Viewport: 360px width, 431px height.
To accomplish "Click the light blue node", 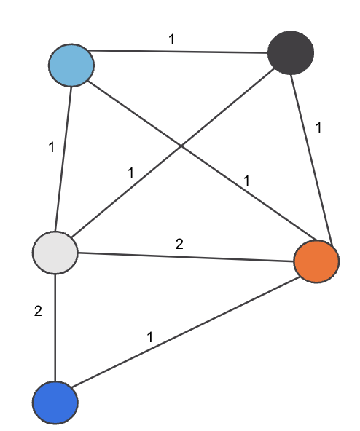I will pos(71,65).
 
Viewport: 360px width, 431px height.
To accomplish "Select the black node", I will pos(290,52).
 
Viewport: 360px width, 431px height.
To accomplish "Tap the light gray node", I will pos(55,253).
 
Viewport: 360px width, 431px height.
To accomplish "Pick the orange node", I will pos(316,261).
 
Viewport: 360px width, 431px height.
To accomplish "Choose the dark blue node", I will pos(55,402).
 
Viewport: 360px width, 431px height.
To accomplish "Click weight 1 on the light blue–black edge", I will pos(171,39).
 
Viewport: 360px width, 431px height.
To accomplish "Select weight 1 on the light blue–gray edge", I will pos(51,148).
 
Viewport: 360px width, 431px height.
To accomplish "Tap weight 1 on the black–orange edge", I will pos(318,127).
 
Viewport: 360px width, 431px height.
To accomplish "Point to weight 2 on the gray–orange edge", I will pos(179,244).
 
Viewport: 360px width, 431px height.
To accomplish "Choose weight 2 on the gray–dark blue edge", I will pos(38,312).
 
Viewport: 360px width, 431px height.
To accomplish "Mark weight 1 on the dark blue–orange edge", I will pos(150,337).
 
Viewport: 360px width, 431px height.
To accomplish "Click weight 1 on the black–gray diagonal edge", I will pos(130,173).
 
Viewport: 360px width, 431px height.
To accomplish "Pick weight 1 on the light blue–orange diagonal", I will pos(246,179).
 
